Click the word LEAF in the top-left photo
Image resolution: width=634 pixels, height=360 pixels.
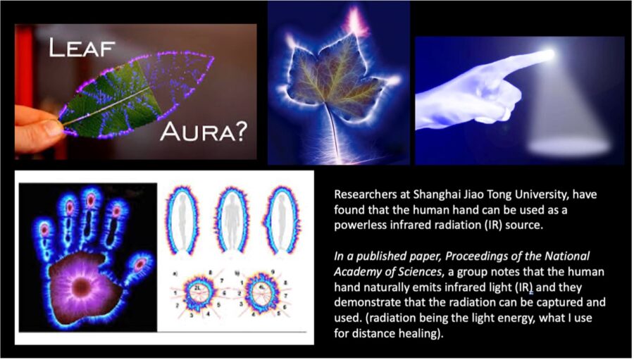[x=82, y=48]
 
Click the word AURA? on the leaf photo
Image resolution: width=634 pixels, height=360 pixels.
[x=203, y=132]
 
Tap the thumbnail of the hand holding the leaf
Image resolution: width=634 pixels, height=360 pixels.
[x=135, y=92]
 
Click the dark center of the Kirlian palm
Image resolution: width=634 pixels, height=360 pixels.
[x=82, y=287]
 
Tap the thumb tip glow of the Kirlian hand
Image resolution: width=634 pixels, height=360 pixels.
[x=140, y=264]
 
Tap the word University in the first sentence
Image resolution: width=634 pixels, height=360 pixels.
[x=540, y=195]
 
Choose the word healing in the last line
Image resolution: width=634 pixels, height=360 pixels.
[x=414, y=334]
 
